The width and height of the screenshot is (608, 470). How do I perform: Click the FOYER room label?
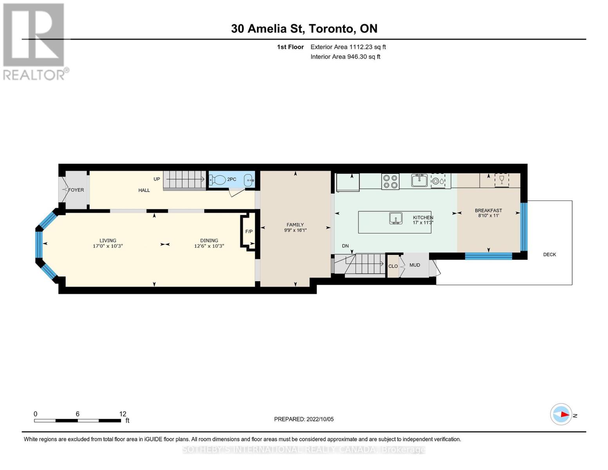pos(76,190)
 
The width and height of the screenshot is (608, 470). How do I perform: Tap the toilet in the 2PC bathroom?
pos(217,180)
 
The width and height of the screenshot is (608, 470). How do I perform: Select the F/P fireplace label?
pos(249,231)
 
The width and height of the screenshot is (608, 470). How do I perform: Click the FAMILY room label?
pos(295,225)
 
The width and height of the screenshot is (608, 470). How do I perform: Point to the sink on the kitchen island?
pos(396,218)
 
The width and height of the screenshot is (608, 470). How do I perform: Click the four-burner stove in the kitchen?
pos(390,181)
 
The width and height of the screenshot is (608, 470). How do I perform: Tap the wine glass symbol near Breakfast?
pos(502,179)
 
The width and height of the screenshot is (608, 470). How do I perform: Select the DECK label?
pos(550,255)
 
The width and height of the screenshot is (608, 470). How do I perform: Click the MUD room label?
pos(415,265)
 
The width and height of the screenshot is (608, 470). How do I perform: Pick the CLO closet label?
pos(393,266)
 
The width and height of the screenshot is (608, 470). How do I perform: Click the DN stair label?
pos(345,246)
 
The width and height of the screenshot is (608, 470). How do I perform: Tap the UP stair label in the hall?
pos(157,179)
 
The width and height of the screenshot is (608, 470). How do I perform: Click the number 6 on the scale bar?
pos(78,414)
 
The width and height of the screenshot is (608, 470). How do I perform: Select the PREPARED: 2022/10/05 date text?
pos(304,419)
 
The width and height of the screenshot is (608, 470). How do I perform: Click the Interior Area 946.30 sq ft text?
pos(345,57)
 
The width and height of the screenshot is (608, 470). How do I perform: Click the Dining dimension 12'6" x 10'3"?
pos(209,246)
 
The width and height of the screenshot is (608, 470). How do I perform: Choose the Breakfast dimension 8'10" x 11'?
pos(489,215)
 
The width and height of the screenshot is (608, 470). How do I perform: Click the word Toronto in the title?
pos(332,29)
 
